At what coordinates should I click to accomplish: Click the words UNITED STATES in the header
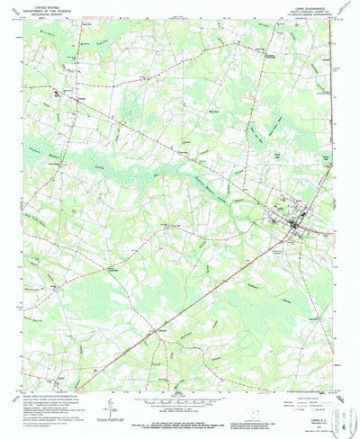[x=35, y=5]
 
